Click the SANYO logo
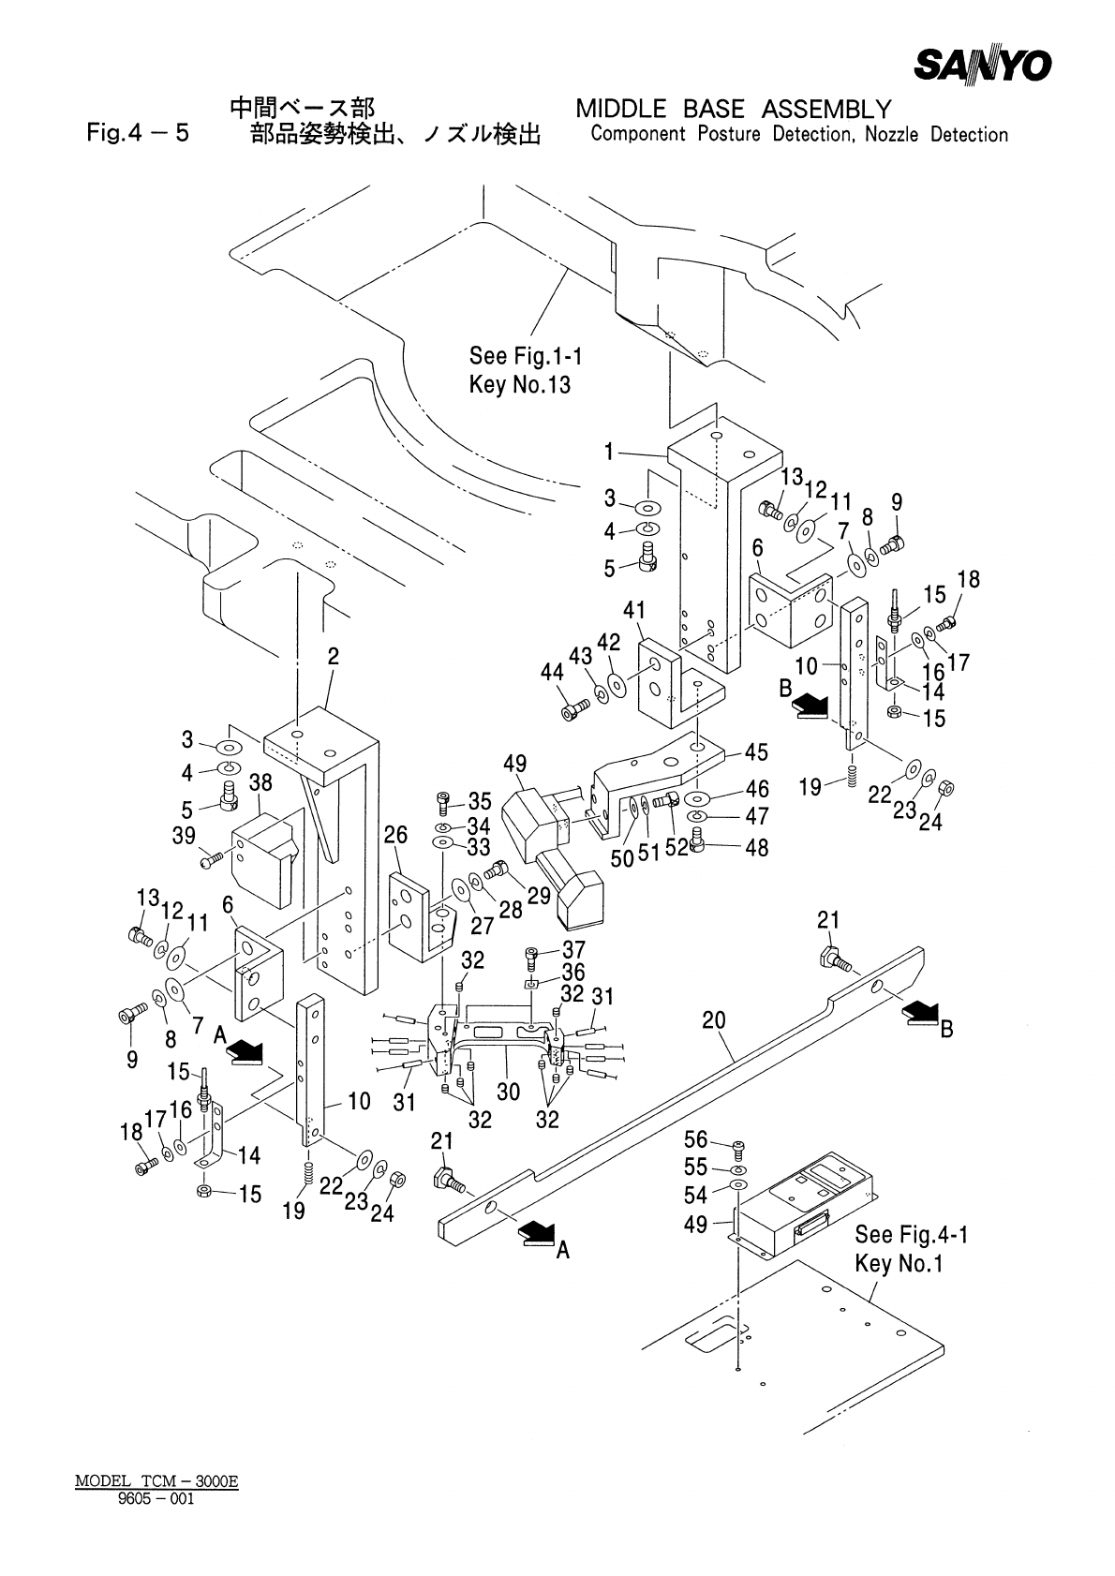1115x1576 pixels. click(x=982, y=66)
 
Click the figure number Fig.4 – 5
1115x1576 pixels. click(x=137, y=133)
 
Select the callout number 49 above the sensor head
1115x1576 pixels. click(x=514, y=765)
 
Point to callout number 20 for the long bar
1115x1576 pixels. click(x=714, y=1020)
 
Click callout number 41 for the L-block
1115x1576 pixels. click(x=634, y=612)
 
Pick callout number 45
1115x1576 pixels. click(x=756, y=752)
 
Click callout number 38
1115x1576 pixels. click(x=260, y=781)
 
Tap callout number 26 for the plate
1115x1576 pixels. click(x=396, y=834)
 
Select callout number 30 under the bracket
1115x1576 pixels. click(x=508, y=1092)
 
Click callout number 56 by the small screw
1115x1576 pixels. click(x=695, y=1139)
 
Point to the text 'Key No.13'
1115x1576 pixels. click(x=519, y=384)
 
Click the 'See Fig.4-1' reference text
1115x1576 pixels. click(x=911, y=1235)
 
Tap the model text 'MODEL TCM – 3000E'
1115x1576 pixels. click(x=156, y=1481)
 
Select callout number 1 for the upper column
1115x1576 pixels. click(x=608, y=453)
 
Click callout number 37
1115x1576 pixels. click(x=573, y=951)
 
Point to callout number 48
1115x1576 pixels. click(x=756, y=848)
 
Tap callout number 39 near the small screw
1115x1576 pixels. click(x=184, y=837)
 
